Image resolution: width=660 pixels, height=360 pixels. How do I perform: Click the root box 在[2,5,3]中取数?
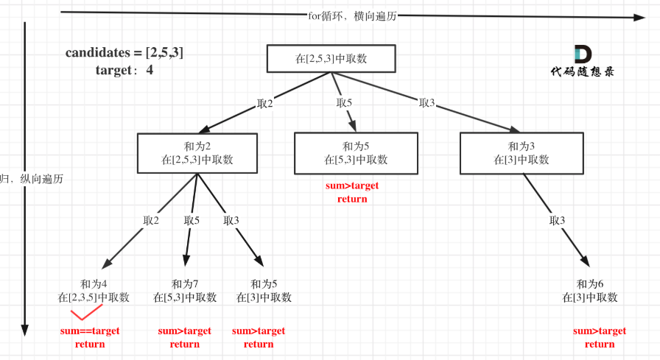(x=331, y=59)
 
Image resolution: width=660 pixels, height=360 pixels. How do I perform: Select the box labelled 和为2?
(x=197, y=152)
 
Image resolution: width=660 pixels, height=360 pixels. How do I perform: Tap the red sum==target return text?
(x=90, y=337)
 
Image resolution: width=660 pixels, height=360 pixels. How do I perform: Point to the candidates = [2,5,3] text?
(x=124, y=53)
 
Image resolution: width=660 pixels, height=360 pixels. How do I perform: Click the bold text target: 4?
(x=124, y=71)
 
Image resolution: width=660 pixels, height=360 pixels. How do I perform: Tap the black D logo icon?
(x=582, y=54)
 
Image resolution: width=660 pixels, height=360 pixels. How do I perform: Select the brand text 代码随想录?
(x=582, y=72)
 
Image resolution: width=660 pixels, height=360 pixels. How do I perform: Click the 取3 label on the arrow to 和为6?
(x=558, y=220)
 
